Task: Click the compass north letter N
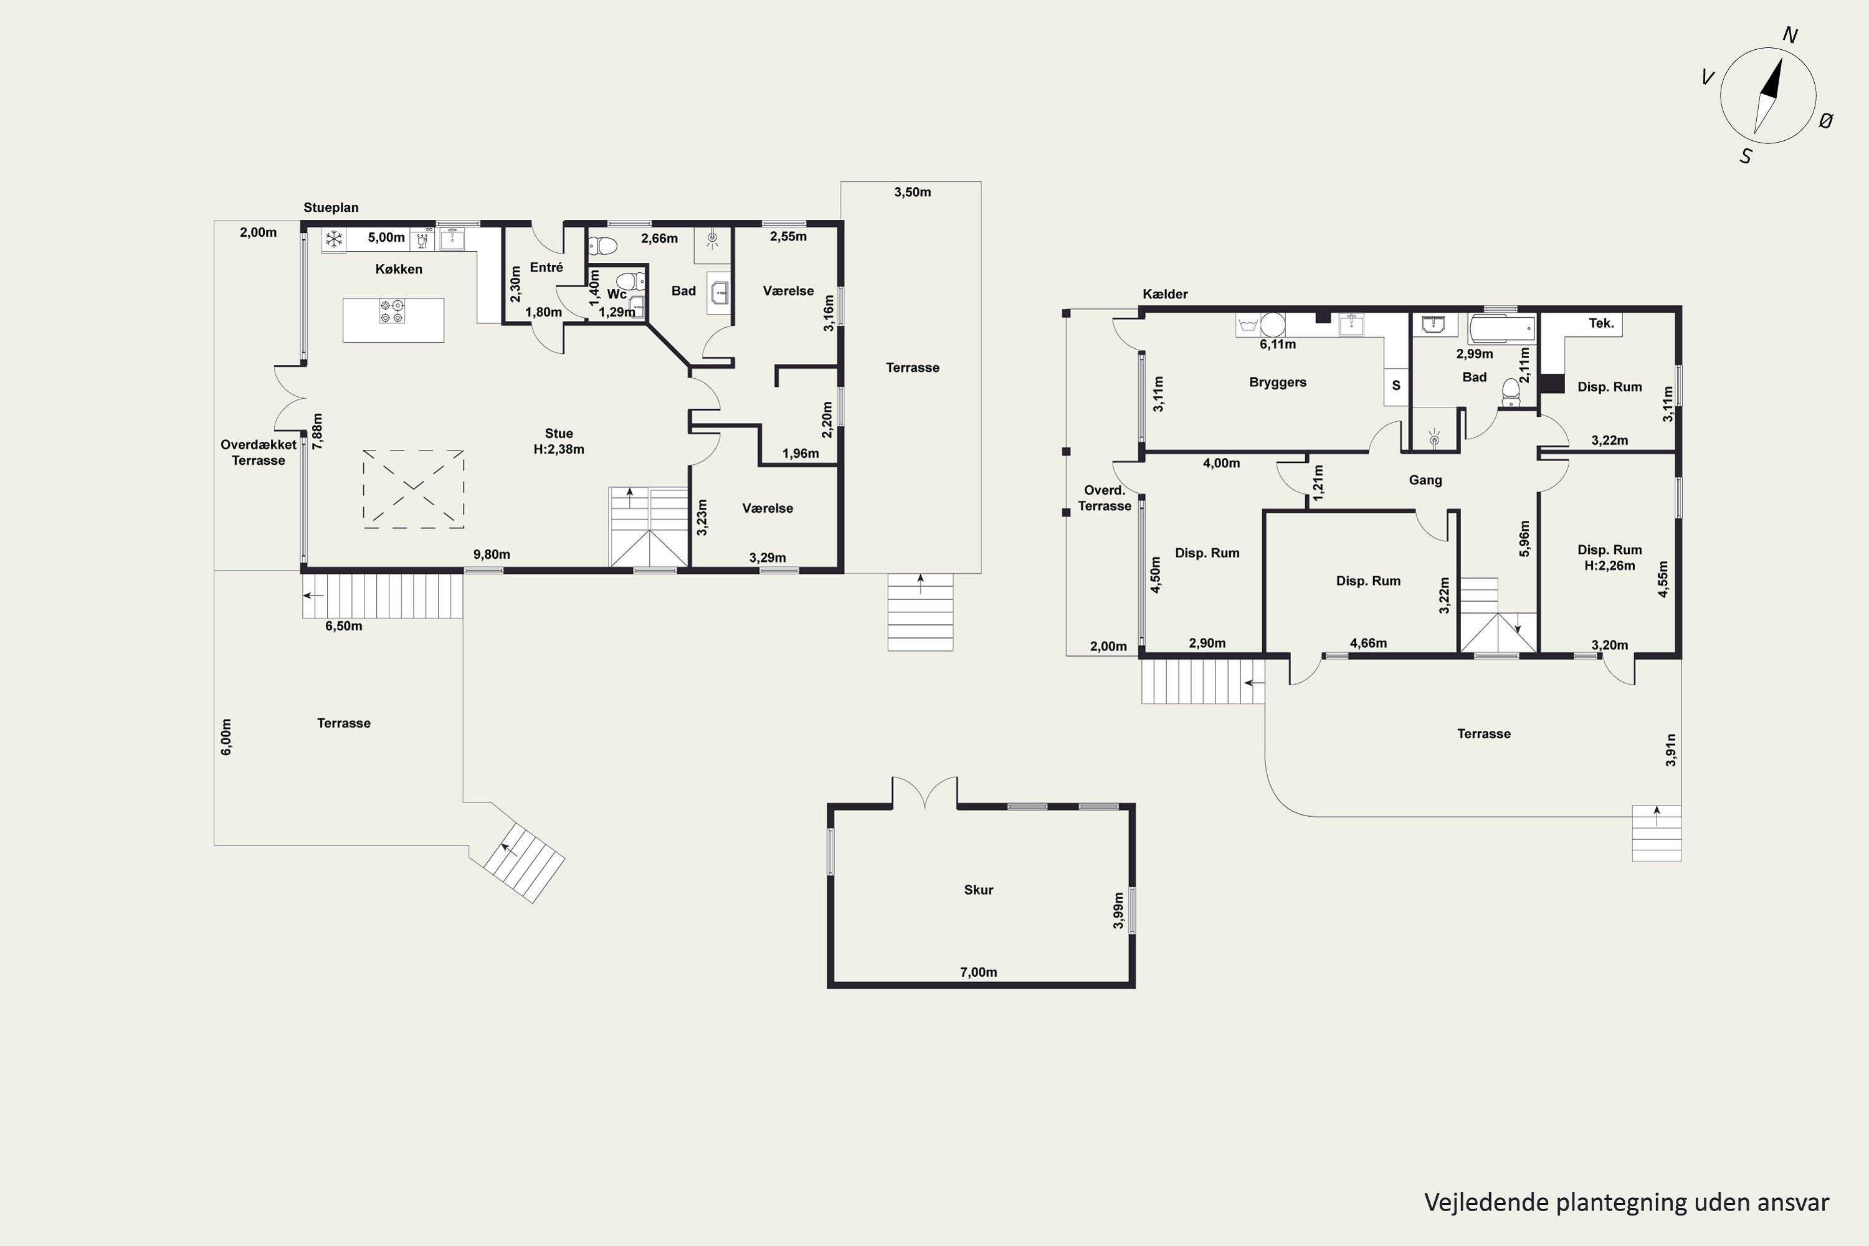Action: (x=1791, y=35)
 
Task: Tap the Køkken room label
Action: (x=399, y=269)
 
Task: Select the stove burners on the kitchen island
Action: (x=392, y=311)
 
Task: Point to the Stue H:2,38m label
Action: (x=559, y=441)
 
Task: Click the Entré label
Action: (x=547, y=268)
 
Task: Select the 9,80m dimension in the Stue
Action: (x=492, y=554)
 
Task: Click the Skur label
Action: (x=978, y=890)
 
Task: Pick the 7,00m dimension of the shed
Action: (x=978, y=972)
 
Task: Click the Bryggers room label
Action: (x=1278, y=383)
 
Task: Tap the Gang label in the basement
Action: (x=1425, y=480)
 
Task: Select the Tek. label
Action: (x=1601, y=323)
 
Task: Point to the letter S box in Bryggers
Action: (x=1396, y=386)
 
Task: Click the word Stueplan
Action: (x=331, y=207)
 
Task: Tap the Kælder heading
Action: (x=1165, y=294)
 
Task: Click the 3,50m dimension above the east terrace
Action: (x=912, y=193)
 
